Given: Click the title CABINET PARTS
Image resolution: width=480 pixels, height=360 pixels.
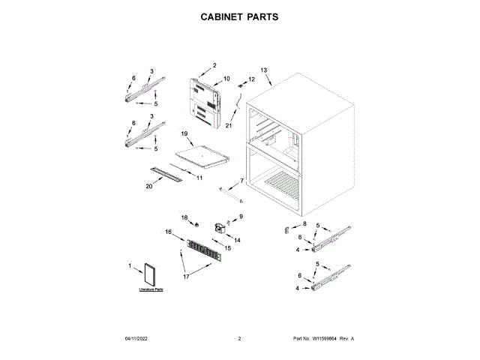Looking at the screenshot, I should (240, 16).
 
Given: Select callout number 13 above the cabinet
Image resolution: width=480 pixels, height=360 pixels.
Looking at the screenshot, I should (263, 70).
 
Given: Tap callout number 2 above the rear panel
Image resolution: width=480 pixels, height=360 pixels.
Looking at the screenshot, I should (214, 65).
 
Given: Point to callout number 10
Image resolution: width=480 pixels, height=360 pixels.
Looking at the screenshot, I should (226, 79).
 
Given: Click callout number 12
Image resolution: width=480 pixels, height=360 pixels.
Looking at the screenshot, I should (251, 79).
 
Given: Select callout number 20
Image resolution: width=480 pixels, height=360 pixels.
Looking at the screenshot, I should (148, 187).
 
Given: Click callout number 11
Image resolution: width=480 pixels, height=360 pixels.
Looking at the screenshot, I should (199, 177).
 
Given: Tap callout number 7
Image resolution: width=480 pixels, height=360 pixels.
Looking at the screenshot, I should (241, 181).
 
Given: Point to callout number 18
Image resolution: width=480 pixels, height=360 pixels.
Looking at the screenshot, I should (185, 217).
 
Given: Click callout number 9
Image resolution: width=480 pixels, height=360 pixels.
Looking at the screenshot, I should (241, 217).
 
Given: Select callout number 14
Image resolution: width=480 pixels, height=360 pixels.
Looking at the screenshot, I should (237, 240).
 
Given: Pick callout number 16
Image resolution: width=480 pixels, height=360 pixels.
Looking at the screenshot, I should (168, 232).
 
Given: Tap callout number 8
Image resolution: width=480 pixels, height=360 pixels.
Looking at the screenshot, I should (304, 223).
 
